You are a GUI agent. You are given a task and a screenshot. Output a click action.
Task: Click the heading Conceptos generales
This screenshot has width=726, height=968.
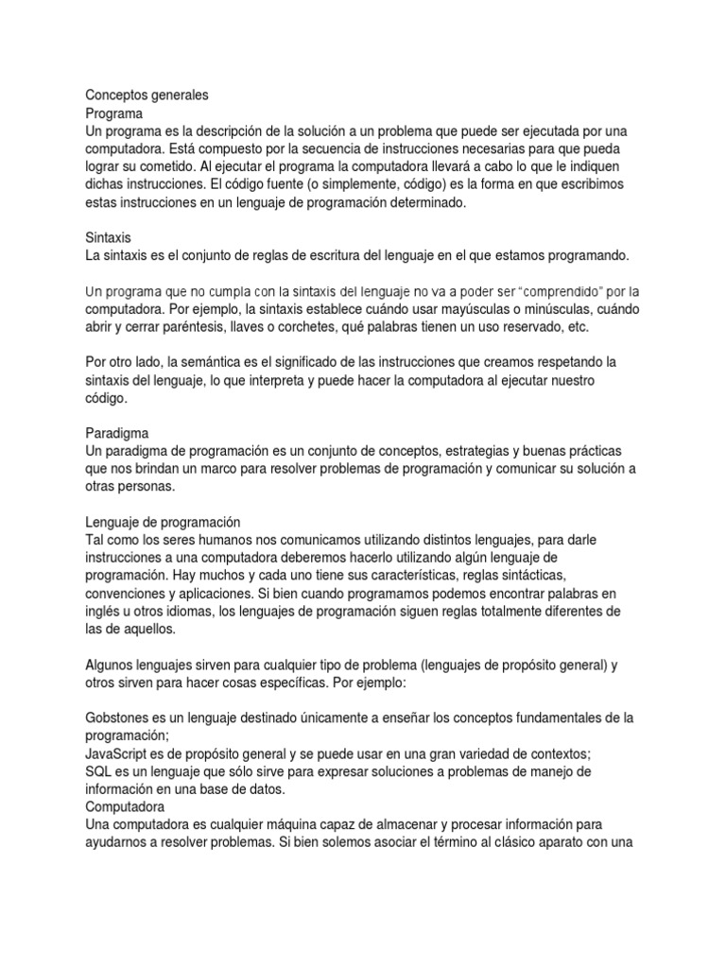147,95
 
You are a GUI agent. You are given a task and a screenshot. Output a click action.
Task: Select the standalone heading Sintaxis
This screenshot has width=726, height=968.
108,236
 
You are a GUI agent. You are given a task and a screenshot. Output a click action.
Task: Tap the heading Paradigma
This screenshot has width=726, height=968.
116,431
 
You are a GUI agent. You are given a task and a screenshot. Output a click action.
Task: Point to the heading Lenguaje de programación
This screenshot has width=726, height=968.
163,521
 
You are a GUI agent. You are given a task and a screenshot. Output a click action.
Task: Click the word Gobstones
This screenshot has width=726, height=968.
119,718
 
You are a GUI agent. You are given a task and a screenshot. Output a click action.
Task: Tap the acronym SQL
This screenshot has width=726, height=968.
99,771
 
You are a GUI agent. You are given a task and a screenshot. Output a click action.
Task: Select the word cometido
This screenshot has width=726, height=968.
186,165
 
